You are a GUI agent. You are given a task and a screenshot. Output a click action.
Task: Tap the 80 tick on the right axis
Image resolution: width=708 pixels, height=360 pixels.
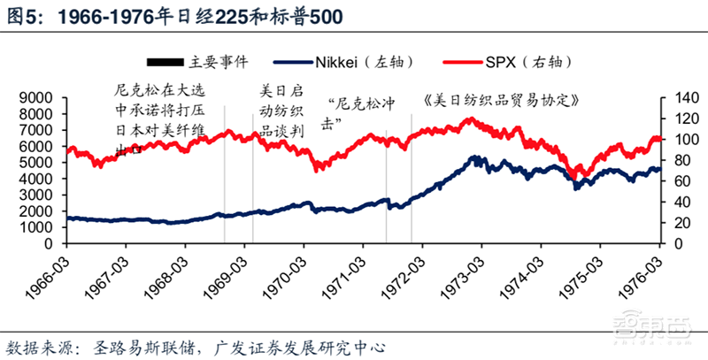[674, 162]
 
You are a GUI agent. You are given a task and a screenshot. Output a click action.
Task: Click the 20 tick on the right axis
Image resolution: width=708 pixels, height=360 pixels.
[674, 227]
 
